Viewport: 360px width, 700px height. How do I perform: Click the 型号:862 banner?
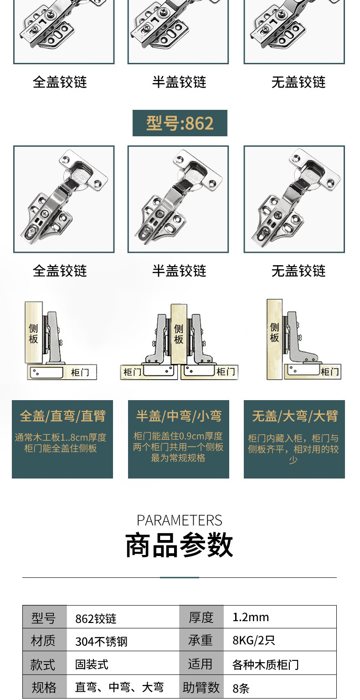pos(180,123)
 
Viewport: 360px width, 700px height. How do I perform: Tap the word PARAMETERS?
pos(180,520)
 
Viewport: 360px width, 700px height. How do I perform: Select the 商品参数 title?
pos(180,545)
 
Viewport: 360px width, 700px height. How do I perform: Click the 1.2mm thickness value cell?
pos(251,617)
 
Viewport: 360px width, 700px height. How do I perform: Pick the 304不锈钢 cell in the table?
pos(101,641)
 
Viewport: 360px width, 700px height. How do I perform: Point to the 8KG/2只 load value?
pos(254,640)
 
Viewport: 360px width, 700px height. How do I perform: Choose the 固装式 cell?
pos(92,664)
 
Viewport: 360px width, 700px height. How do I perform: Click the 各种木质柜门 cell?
pos(265,664)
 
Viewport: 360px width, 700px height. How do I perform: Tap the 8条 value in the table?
pos(241,688)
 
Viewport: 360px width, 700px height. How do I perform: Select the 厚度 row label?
pos(201,617)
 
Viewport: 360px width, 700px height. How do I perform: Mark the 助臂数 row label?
pos(201,687)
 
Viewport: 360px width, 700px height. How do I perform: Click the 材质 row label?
pos(43,641)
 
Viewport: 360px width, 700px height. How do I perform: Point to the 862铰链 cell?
pos(96,618)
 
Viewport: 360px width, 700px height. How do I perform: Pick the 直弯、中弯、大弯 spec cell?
pos(119,687)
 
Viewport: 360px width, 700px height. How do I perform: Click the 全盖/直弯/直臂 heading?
pos(62,416)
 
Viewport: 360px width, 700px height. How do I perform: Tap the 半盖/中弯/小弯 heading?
pos(179,416)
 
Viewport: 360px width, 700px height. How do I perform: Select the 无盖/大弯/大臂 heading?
pos(295,416)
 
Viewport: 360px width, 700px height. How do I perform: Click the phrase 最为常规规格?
pos(179,458)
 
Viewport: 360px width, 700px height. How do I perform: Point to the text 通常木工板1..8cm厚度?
pos(61,437)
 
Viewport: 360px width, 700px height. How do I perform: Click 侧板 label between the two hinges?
pos(179,334)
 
